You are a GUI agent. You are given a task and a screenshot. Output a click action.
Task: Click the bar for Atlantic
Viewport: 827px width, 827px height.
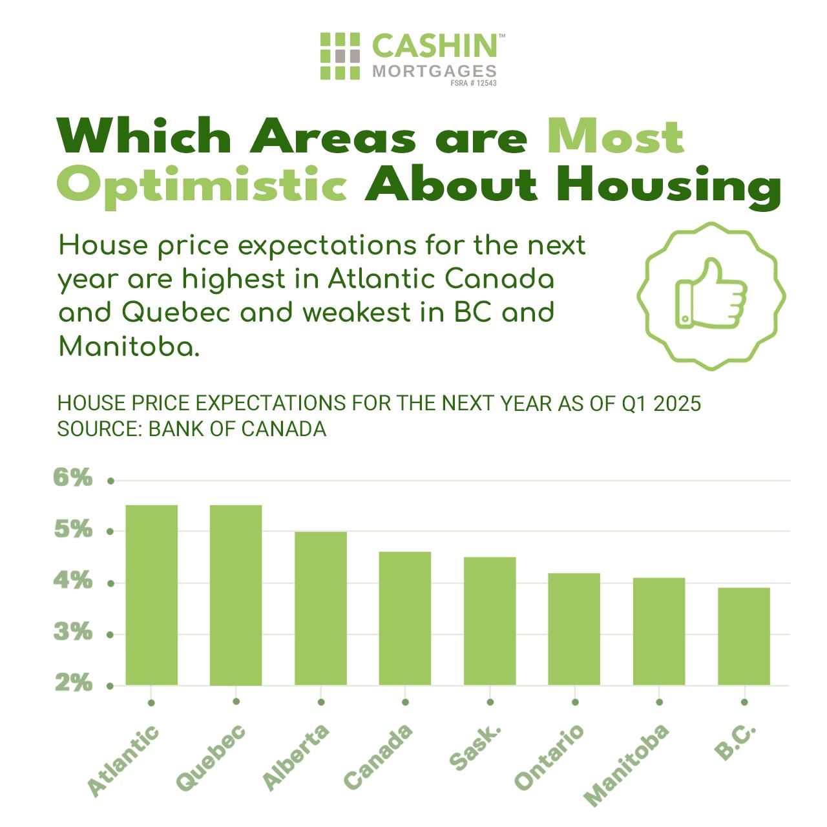pos(151,594)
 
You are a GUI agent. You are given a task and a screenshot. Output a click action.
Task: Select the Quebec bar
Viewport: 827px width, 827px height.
pos(236,594)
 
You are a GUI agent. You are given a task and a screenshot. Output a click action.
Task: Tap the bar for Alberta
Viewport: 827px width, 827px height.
pos(320,608)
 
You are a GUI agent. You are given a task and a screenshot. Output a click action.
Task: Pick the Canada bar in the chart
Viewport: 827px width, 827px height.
pos(405,618)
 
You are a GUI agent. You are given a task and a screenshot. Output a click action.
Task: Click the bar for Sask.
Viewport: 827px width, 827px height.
pos(490,621)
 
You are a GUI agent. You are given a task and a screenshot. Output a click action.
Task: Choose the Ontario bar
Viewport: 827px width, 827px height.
pos(574,629)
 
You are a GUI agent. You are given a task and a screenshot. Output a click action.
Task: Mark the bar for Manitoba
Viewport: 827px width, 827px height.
pos(659,631)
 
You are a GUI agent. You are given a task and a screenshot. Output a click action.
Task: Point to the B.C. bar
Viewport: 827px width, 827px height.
pos(744,636)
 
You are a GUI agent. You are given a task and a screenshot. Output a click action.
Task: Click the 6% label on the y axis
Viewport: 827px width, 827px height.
pos(72,479)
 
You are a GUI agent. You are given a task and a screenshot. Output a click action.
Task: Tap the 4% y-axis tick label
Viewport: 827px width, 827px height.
pos(72,581)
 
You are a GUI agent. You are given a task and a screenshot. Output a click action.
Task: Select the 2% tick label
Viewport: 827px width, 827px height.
pos(72,683)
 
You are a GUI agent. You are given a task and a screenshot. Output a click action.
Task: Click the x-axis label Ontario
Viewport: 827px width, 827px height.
pos(549,757)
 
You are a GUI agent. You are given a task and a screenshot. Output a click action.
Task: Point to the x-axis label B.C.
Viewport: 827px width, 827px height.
pos(735,742)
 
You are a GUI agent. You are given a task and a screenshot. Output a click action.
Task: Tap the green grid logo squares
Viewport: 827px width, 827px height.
pos(340,56)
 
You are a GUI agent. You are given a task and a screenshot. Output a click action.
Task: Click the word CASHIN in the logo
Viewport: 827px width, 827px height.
pos(434,47)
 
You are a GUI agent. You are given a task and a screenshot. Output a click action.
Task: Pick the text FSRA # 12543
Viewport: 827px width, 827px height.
pos(474,83)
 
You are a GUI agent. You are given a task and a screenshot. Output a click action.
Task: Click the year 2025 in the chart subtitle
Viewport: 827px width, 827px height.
pos(677,404)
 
